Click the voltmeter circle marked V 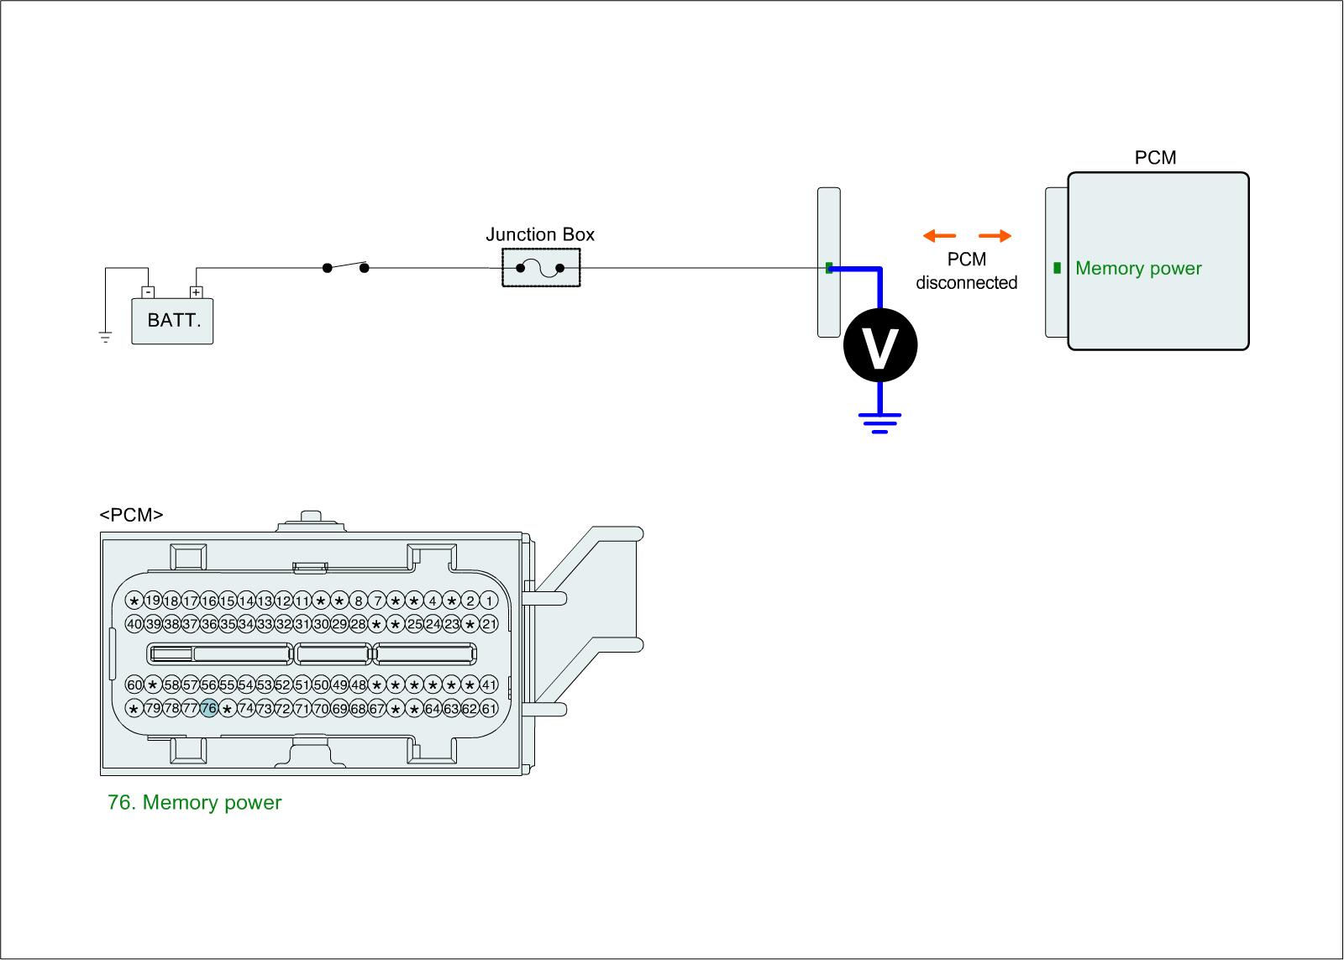coord(879,345)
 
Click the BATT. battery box coord(173,321)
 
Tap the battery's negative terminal coord(148,292)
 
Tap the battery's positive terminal coord(197,292)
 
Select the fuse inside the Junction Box coord(540,268)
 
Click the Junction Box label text coord(540,234)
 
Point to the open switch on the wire coord(345,267)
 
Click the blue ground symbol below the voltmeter coord(879,422)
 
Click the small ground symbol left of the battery coord(106,338)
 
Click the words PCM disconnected coord(966,271)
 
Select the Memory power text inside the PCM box coord(1138,269)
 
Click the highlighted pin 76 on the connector coord(208,709)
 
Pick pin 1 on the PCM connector coord(489,601)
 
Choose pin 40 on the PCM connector coord(134,624)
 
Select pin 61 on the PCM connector coord(489,709)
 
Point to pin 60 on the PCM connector coord(134,685)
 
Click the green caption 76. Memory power coord(195,803)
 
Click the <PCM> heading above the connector coord(131,515)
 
